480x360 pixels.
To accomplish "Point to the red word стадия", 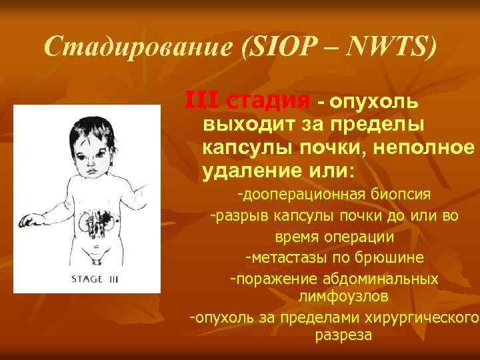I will tap(268, 102).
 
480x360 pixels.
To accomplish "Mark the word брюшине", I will tap(394, 258).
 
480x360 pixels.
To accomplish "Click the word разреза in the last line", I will tap(343, 335).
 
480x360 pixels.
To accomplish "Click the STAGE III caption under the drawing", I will tap(95, 279).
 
